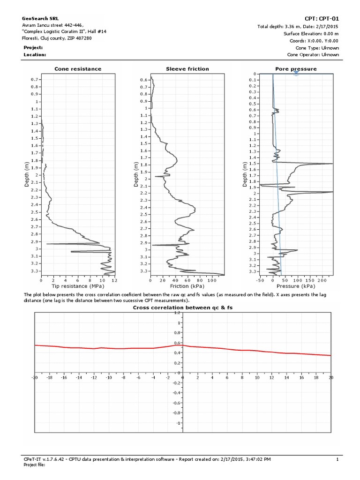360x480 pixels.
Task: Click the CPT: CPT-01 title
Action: (322, 18)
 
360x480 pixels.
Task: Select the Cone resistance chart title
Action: (78, 69)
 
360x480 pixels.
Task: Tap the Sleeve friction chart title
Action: (187, 69)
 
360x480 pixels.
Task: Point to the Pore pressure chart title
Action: (296, 69)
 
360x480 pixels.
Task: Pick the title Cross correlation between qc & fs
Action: (183, 307)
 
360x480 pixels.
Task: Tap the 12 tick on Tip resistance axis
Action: (114, 280)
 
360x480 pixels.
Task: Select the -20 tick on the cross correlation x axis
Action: (34, 377)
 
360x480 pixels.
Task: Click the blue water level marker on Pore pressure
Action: (296, 74)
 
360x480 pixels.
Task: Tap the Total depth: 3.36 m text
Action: (298, 26)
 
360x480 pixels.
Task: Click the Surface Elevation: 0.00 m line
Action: (311, 34)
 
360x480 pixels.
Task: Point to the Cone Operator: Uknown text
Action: (313, 54)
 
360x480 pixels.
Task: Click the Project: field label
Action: (33, 48)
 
